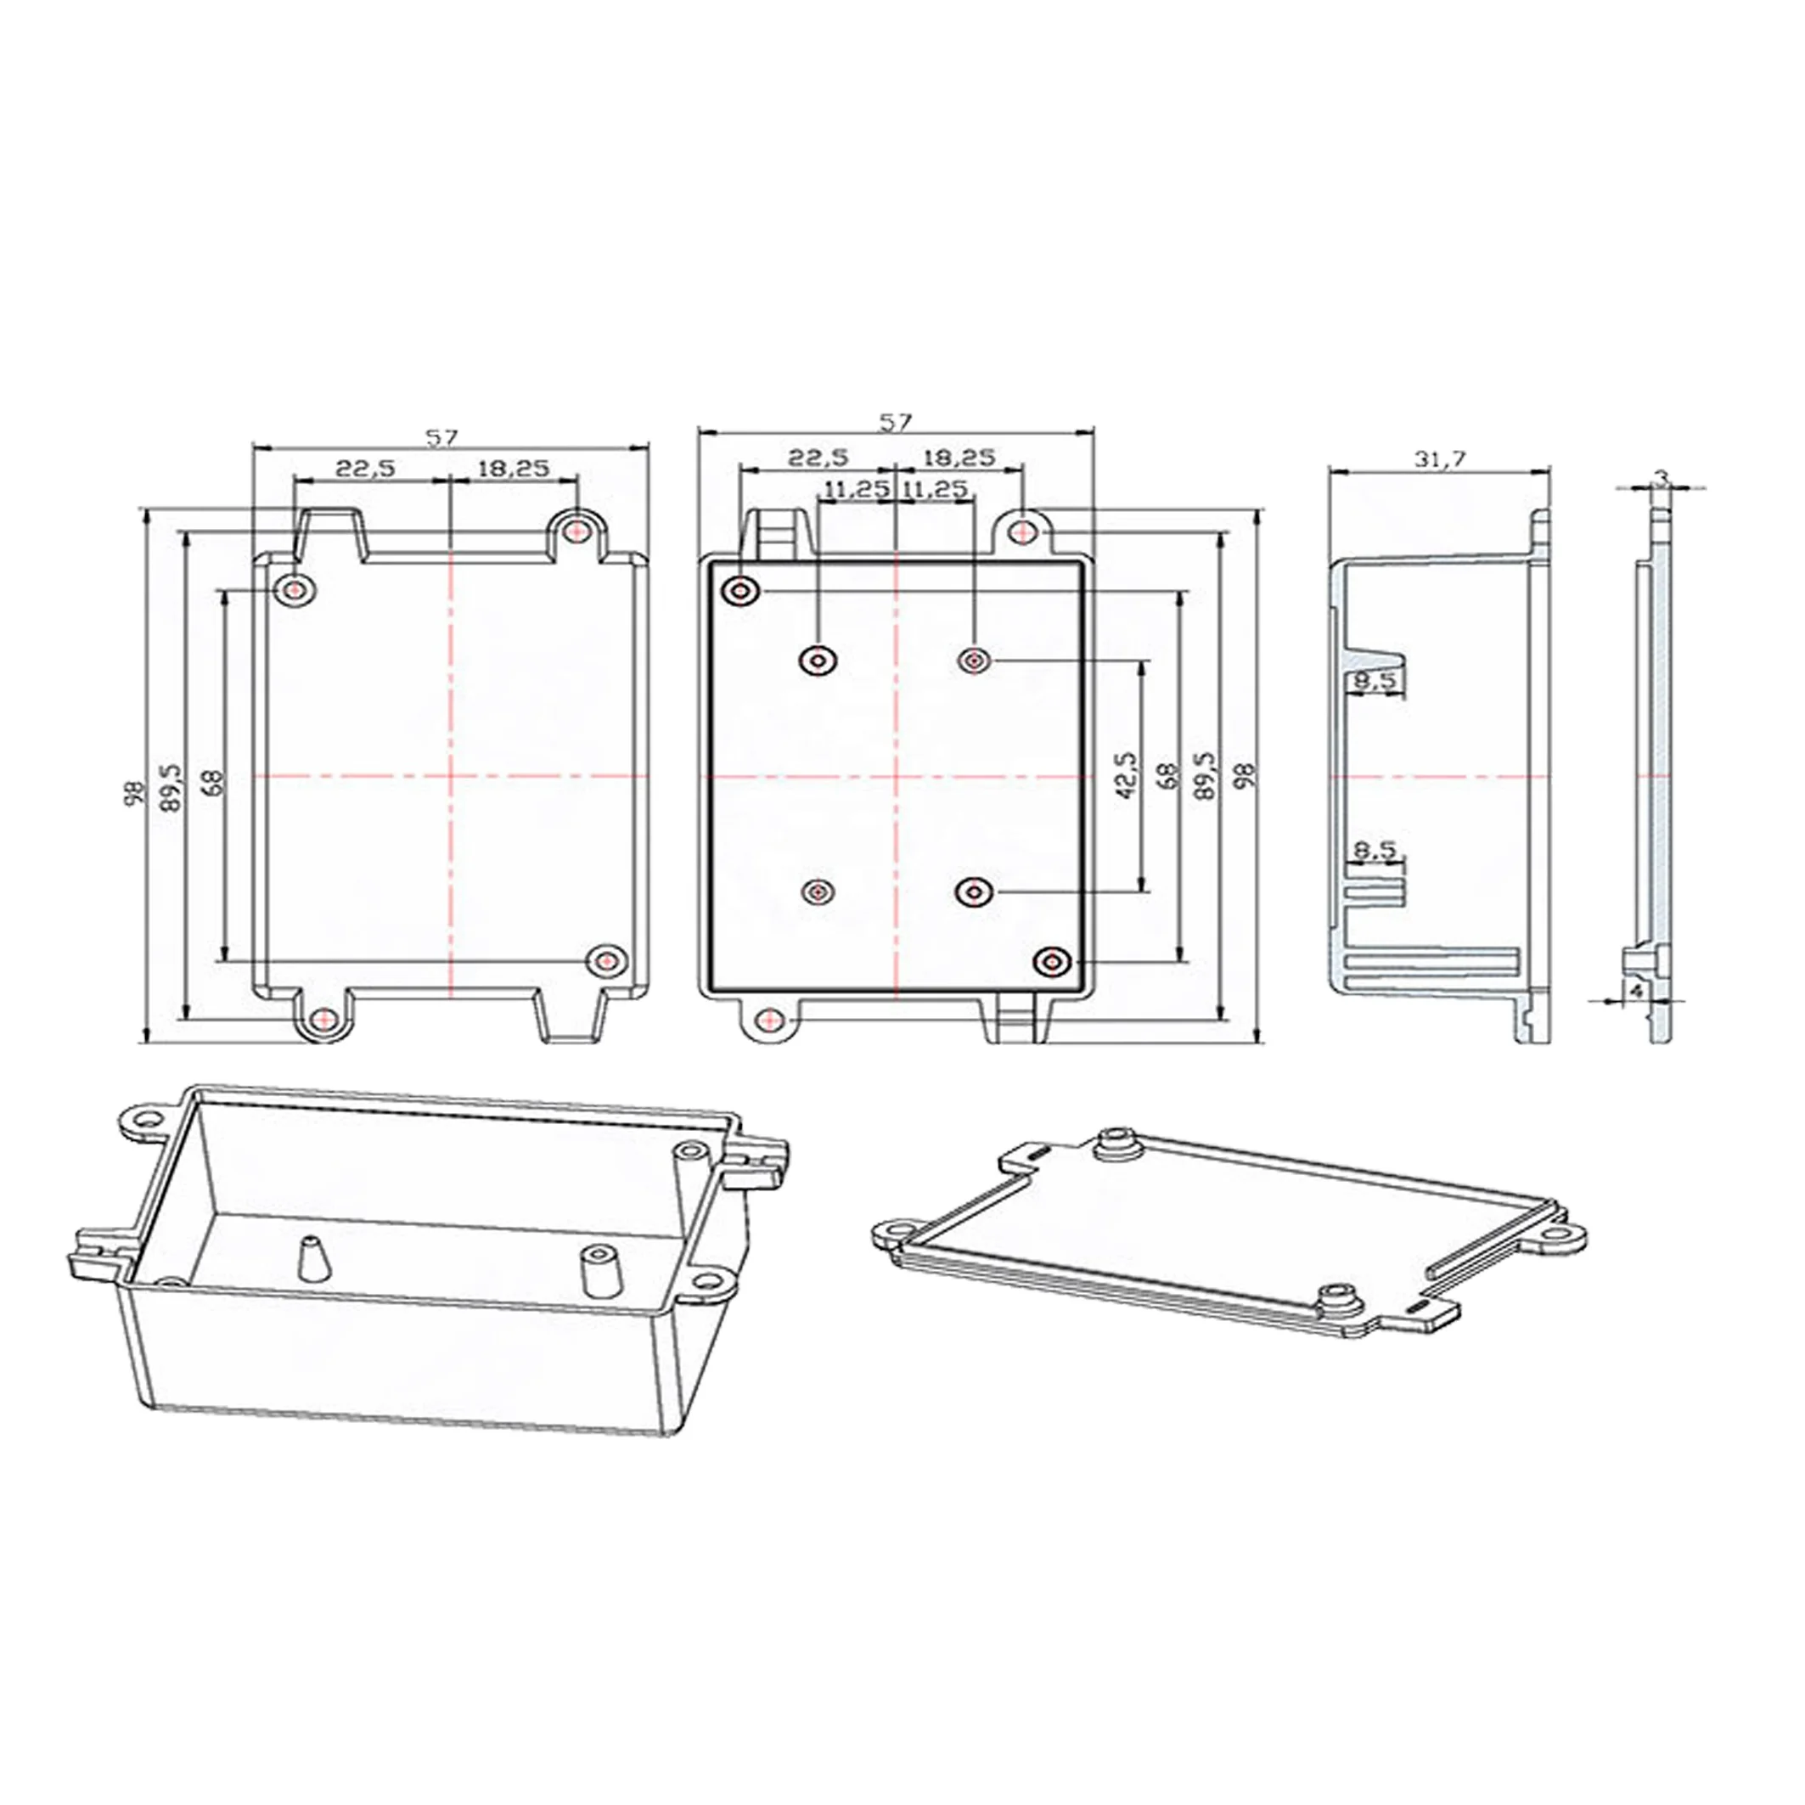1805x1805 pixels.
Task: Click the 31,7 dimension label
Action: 1442,458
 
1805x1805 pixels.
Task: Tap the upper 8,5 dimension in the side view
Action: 1375,682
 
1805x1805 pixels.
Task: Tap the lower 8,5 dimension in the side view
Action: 1375,850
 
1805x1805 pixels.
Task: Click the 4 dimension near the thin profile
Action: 1636,989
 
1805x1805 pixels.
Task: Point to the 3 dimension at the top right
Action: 1662,476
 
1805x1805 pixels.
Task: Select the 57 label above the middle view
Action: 895,422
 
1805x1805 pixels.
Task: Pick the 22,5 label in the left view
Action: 366,468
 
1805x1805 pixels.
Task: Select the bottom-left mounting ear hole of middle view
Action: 769,1020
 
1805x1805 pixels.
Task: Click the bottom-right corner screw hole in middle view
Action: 1053,961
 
